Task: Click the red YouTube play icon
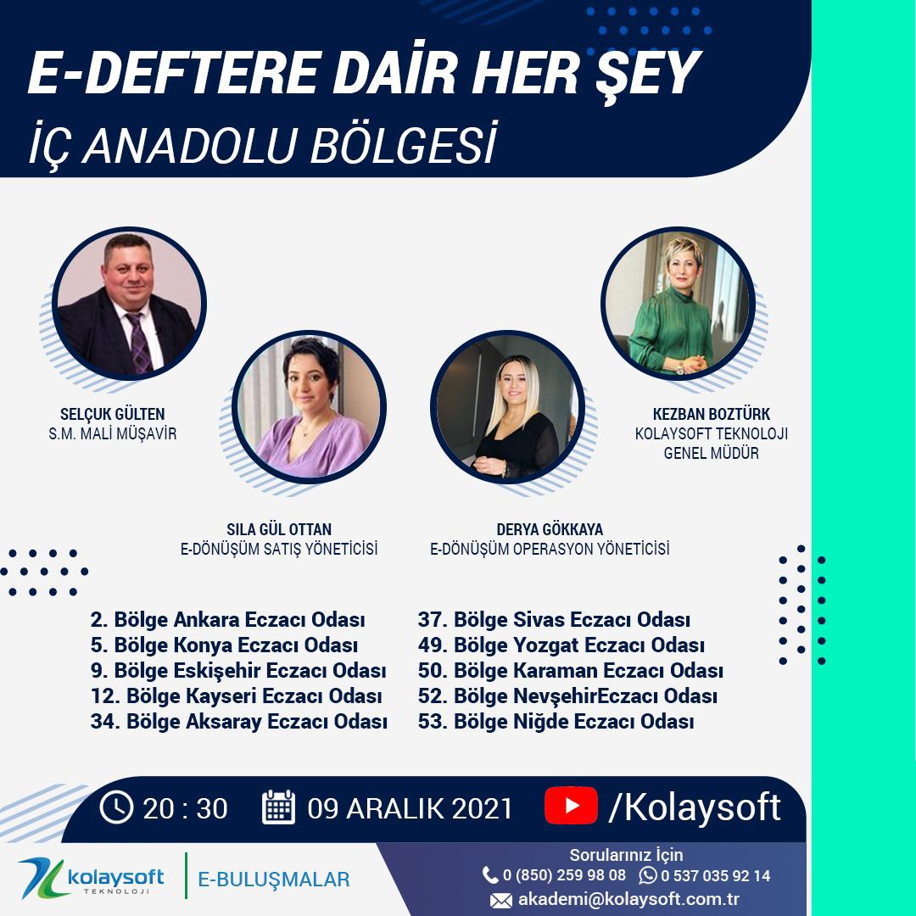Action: click(x=572, y=805)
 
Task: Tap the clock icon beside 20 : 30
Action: click(x=116, y=807)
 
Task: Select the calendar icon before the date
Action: click(x=278, y=807)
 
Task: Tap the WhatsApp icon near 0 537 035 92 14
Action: click(x=648, y=875)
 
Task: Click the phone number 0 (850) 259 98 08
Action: click(x=564, y=875)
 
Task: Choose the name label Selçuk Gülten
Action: click(x=113, y=415)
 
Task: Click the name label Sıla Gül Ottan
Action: click(x=278, y=529)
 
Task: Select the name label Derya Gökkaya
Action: click(x=550, y=529)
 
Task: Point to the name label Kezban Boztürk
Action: click(x=711, y=415)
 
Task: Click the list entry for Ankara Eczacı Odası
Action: click(x=227, y=619)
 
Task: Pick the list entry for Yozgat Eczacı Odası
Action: click(x=561, y=645)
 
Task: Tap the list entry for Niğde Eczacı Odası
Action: click(x=556, y=723)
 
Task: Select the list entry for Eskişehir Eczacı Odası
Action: click(x=238, y=671)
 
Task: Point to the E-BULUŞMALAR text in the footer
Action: click(x=273, y=880)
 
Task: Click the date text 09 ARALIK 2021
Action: click(x=411, y=808)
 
